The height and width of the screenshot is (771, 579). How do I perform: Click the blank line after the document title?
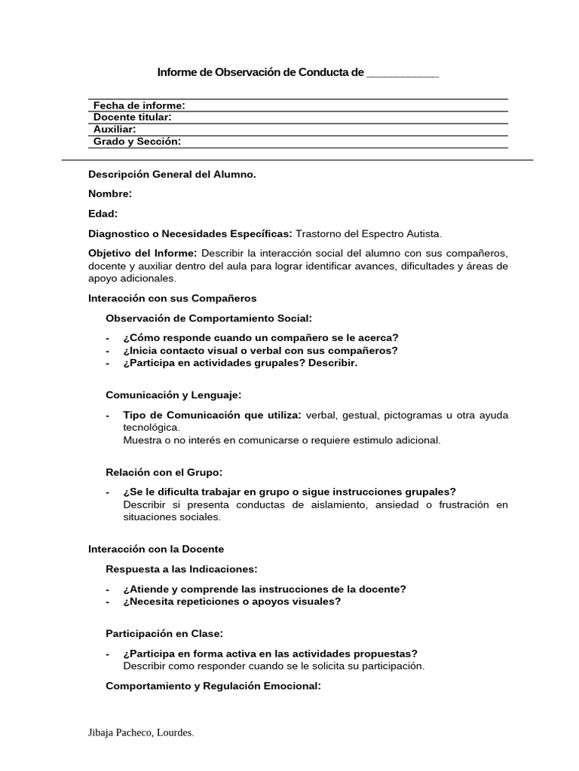402,73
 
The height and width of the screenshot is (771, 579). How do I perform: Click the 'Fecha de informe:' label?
139,105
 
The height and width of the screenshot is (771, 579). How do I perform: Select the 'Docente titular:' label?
132,117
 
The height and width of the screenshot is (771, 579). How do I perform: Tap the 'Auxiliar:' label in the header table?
115,130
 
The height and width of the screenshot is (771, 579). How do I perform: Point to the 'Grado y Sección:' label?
136,142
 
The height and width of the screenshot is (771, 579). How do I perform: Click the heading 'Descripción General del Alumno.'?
172,174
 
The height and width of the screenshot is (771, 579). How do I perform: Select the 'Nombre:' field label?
110,194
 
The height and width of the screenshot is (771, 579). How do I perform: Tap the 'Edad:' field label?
103,214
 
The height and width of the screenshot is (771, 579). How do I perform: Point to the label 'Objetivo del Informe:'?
142,253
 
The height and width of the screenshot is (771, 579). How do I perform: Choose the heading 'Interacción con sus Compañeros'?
172,299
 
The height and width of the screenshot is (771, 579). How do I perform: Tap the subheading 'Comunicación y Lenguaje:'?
173,395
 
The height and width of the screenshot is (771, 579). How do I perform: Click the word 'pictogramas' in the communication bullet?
412,415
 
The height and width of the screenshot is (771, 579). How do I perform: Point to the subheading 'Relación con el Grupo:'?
164,472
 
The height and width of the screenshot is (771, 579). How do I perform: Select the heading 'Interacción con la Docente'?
156,550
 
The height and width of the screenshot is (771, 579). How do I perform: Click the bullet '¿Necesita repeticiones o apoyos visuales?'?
232,602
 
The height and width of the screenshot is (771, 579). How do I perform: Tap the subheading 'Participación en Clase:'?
164,634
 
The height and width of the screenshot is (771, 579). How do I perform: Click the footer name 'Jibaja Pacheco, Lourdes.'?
141,733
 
